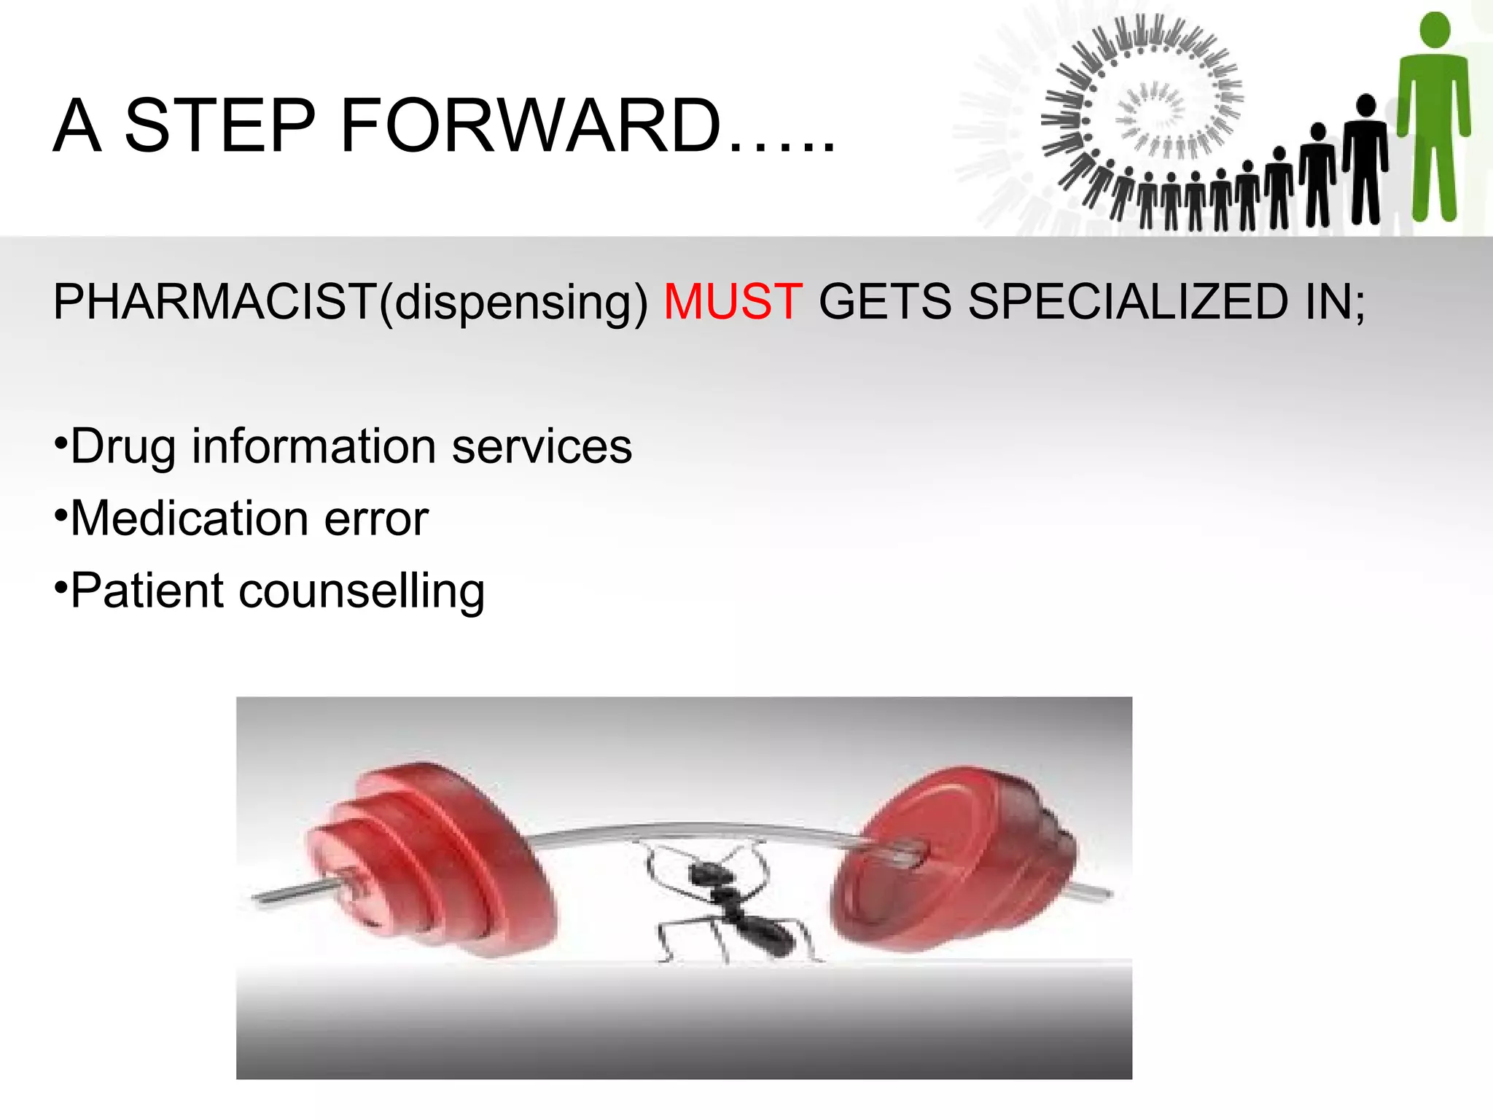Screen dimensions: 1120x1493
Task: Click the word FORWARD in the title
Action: pos(530,125)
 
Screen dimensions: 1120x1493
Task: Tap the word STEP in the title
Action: pos(220,125)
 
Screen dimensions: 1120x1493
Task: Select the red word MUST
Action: pos(733,301)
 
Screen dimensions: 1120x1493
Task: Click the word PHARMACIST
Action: pos(214,301)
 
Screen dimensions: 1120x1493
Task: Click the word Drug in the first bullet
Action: pos(123,447)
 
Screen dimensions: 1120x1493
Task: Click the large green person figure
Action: pos(1433,117)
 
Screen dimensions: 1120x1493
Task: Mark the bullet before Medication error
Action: pos(61,515)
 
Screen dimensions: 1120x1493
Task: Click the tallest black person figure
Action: pos(1365,160)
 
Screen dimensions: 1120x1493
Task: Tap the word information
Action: pos(313,447)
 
